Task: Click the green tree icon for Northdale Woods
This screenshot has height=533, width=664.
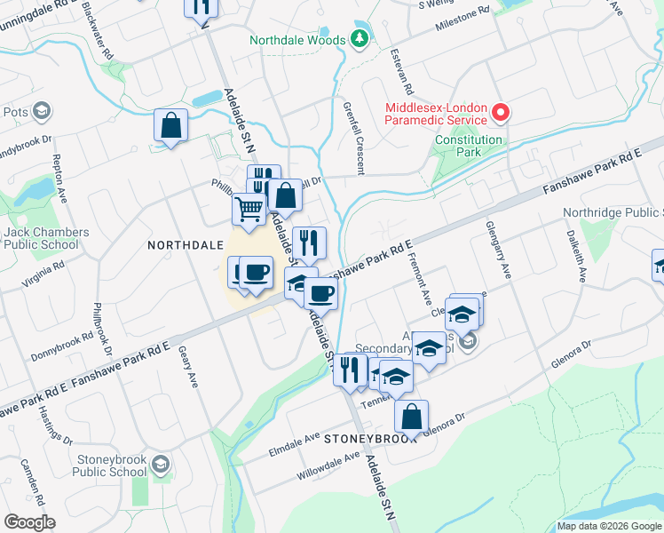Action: [359, 38]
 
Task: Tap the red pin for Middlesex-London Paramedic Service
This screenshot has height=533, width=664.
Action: [501, 113]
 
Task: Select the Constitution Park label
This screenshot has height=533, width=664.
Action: [469, 146]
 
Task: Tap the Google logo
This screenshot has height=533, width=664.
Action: [29, 522]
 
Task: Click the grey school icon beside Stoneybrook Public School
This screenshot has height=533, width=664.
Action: [160, 464]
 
